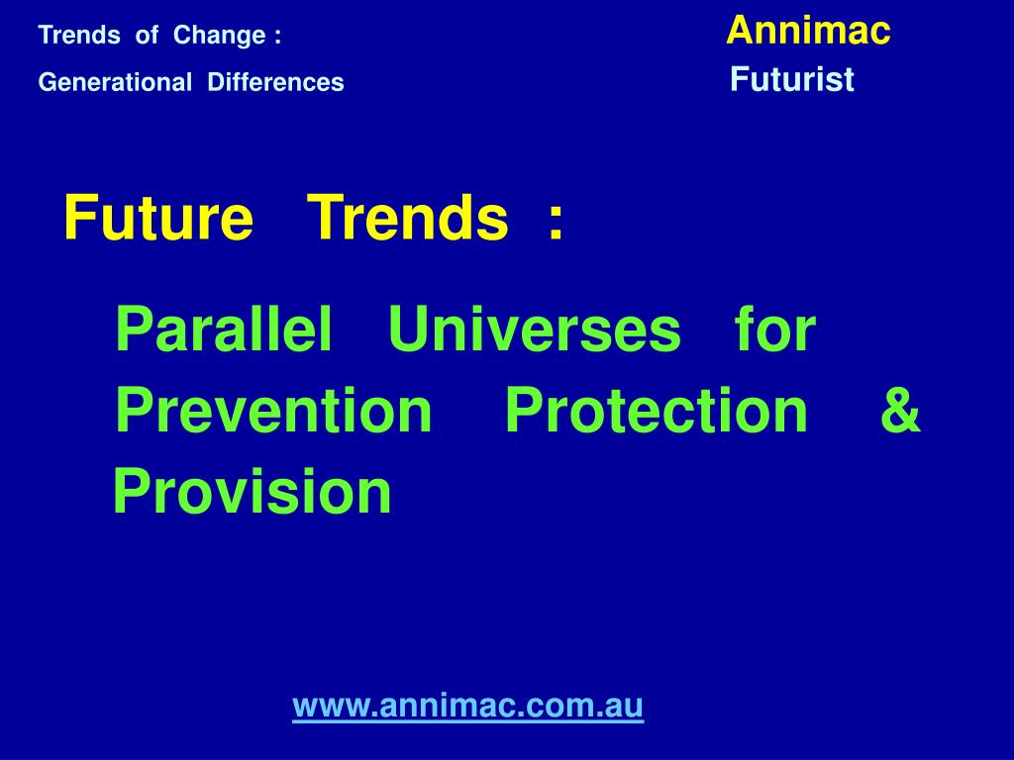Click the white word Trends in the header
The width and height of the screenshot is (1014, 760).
coord(79,35)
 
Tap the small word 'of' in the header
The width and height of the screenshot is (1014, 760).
coord(147,35)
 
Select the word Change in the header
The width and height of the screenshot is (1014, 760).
coord(219,36)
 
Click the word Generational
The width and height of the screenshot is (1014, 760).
coord(115,82)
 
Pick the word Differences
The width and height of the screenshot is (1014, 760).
coord(275,82)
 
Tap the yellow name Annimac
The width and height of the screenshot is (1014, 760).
coord(808,31)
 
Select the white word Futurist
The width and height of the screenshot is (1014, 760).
coord(792,79)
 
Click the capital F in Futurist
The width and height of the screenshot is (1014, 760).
coord(740,79)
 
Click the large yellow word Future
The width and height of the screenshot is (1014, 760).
coord(158,218)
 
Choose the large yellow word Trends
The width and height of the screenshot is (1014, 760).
coord(407,218)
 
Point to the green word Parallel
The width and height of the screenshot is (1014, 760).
coord(224,329)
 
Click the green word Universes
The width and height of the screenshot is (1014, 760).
coord(534,329)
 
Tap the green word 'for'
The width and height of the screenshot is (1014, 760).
coord(775,329)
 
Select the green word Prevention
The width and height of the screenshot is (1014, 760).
coord(273,410)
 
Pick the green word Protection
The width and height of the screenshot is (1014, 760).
coord(656,410)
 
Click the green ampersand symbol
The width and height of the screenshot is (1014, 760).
coord(901,410)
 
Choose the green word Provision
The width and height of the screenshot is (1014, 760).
coord(253,491)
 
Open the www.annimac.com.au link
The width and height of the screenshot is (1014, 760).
coord(468,705)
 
